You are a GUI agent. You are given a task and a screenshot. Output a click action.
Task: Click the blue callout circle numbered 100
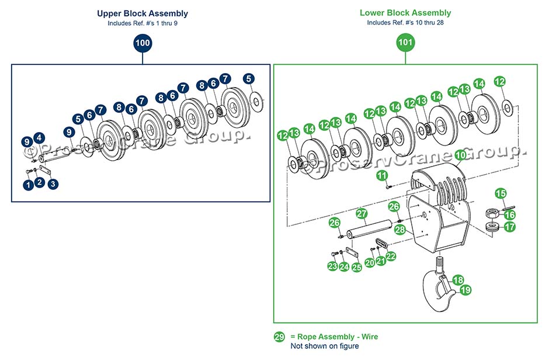[x=143, y=43]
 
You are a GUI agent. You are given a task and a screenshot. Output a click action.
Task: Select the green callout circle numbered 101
[x=405, y=43]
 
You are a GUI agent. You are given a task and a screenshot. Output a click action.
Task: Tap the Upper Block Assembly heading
[x=143, y=13]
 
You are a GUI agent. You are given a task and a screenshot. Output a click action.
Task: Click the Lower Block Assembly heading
[x=405, y=13]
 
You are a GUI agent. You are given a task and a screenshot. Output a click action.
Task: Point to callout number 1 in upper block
[x=27, y=185]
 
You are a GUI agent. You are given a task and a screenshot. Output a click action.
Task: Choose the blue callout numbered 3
[x=53, y=185]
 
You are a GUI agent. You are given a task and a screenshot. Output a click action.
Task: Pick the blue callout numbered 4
[x=39, y=138]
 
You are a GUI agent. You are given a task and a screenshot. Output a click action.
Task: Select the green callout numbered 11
[x=382, y=175]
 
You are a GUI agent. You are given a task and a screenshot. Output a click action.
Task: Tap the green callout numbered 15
[x=501, y=193]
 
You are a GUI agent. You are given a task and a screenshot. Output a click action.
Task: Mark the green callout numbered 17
[x=510, y=227]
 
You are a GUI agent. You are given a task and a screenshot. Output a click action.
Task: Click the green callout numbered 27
[x=362, y=214]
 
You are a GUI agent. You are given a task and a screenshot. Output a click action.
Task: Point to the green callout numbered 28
[x=399, y=229]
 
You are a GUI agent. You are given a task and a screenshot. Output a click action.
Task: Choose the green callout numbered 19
[x=465, y=289]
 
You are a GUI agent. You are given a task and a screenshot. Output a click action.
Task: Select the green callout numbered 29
[x=280, y=337]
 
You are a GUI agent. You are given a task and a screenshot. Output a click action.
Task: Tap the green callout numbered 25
[x=356, y=266]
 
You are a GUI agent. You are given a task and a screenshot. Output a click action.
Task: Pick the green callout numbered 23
[x=332, y=266]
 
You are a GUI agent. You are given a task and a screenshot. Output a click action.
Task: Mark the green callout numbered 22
[x=391, y=256]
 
